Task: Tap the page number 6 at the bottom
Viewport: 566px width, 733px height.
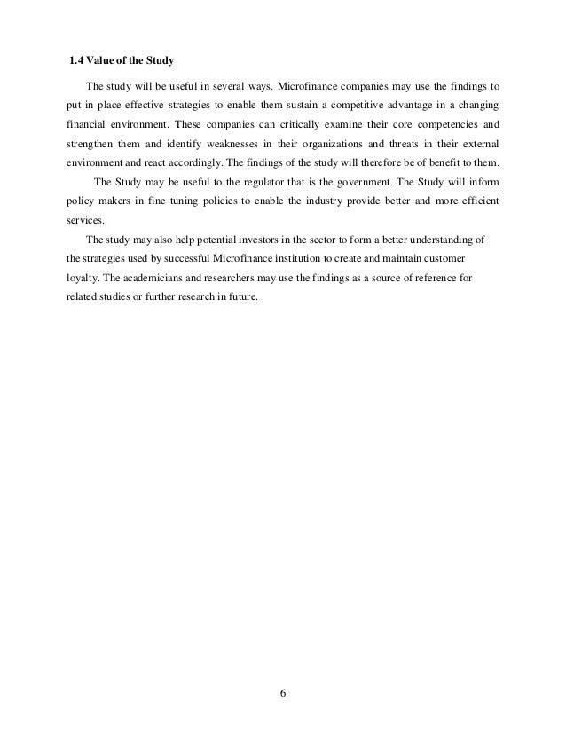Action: coord(283,693)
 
